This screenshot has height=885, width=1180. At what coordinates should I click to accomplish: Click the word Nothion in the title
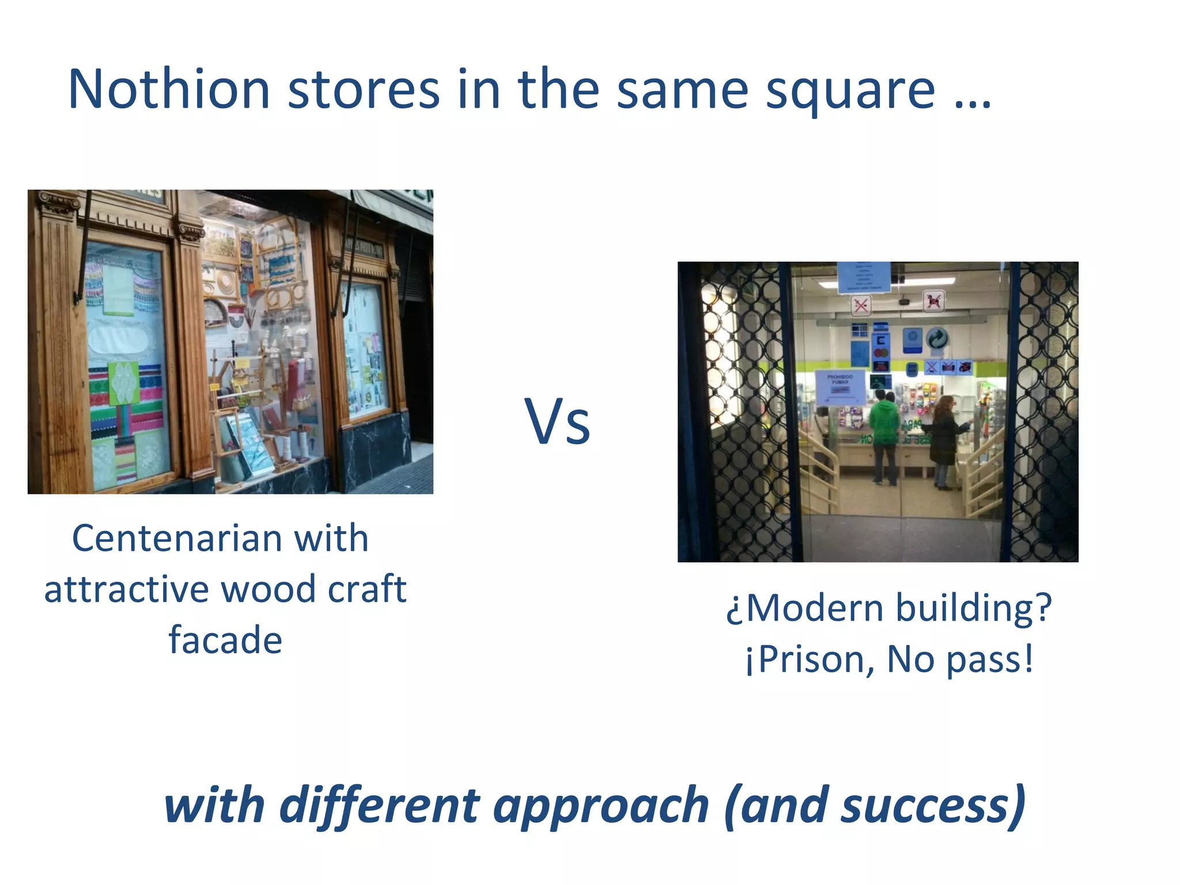169,89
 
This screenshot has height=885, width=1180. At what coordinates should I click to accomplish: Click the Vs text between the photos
557,422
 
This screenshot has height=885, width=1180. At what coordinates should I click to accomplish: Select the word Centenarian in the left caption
177,539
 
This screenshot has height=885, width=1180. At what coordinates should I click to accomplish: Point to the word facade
225,640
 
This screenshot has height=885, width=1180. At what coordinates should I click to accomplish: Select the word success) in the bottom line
933,806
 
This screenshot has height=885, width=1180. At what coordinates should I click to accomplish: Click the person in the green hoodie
883,432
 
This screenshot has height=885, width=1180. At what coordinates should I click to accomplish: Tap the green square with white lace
123,383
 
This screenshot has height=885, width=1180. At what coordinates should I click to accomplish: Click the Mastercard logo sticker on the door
880,353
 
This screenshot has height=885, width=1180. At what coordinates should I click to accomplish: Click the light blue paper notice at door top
863,277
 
